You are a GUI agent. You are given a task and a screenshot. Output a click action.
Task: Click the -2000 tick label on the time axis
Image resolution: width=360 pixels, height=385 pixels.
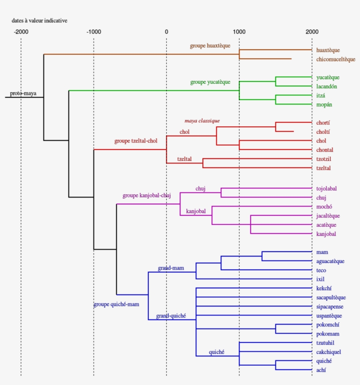(x=21, y=32)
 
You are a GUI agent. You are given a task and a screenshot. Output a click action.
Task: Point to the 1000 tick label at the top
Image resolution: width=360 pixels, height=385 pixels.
(x=239, y=32)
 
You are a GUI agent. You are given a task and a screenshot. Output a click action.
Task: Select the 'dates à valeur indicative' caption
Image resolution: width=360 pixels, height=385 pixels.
(x=40, y=21)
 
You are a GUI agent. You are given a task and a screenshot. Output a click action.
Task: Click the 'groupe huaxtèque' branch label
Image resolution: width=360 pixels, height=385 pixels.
(x=210, y=46)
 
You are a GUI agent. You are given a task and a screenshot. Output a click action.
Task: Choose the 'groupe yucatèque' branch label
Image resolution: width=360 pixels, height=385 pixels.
(x=210, y=82)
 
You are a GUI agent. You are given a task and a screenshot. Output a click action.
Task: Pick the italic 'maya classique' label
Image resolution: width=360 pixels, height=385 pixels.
(x=202, y=121)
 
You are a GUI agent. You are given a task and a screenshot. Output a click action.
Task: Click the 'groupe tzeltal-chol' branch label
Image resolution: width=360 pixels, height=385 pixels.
(x=136, y=141)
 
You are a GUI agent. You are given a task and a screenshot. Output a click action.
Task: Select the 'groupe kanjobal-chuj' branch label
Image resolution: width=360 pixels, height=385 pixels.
(x=146, y=196)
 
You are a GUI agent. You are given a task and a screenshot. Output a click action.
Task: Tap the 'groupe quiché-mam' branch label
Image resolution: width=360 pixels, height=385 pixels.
(x=116, y=304)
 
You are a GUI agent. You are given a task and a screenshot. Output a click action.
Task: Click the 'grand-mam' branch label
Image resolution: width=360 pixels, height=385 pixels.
(x=171, y=268)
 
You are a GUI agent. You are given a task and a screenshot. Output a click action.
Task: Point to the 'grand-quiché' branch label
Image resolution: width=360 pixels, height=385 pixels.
(x=171, y=316)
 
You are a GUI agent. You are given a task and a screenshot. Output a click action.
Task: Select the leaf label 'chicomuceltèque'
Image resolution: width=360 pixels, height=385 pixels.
(x=336, y=59)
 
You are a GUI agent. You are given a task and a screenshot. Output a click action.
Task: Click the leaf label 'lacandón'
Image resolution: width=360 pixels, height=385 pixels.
(x=327, y=86)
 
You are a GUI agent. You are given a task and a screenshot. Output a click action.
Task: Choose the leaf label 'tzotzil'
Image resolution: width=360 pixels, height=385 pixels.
(x=324, y=159)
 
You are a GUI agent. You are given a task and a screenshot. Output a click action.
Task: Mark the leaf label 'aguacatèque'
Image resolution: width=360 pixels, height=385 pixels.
(x=330, y=261)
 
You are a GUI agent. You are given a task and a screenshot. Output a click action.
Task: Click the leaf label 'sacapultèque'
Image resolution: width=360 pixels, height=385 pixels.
(x=331, y=298)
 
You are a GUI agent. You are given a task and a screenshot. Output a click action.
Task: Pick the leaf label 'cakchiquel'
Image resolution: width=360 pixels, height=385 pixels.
(x=329, y=352)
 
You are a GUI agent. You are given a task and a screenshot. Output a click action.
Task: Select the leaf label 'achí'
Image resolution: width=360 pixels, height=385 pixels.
(x=321, y=371)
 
